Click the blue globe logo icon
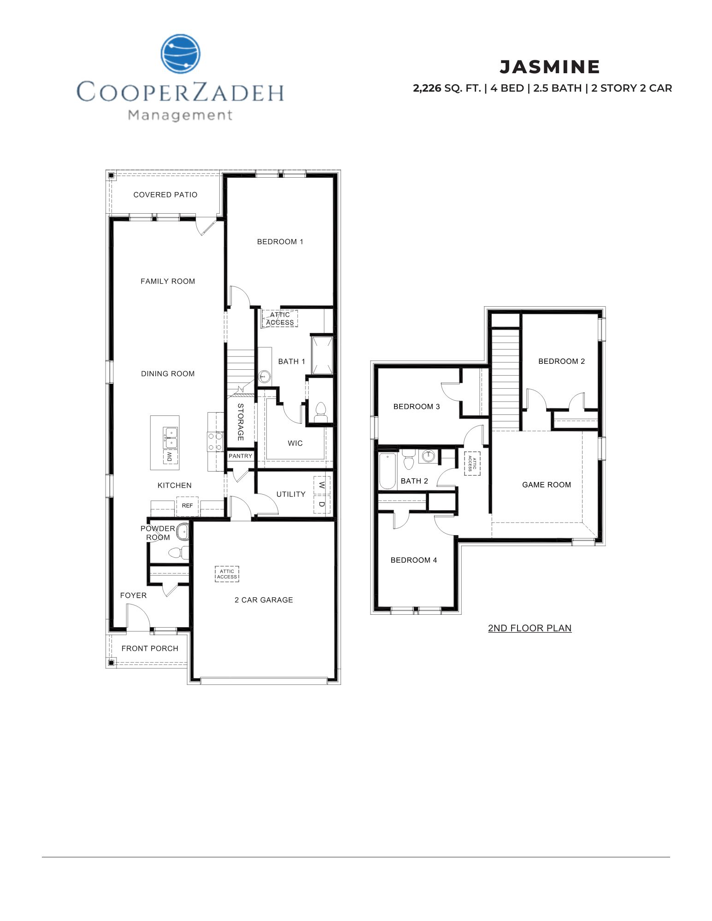tap(181, 54)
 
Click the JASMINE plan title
tap(549, 67)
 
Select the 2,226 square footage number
tap(427, 88)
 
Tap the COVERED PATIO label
tap(165, 195)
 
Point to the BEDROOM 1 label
tap(280, 242)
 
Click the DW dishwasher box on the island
tap(170, 456)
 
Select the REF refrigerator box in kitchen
tap(187, 506)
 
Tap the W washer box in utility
tap(322, 485)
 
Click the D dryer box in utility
tap(322, 504)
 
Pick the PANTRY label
tap(240, 456)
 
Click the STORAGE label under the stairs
tap(240, 422)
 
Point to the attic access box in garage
tap(227, 574)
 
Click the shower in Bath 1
tap(322, 356)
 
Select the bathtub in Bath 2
tap(387, 471)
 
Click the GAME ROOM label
tap(546, 484)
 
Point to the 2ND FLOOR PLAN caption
tap(530, 628)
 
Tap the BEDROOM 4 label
tap(413, 560)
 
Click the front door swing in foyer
tap(137, 617)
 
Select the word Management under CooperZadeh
tap(180, 115)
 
